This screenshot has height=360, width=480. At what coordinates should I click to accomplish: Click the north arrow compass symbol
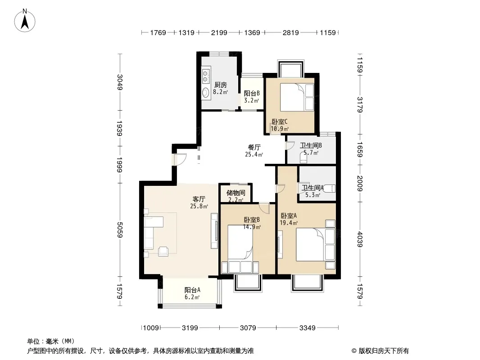25,20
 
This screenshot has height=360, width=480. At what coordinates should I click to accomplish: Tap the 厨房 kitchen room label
220,85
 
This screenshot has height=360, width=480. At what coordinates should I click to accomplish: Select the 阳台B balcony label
252,93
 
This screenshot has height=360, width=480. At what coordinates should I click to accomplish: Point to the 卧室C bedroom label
280,122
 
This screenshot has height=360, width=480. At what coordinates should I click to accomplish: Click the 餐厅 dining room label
254,148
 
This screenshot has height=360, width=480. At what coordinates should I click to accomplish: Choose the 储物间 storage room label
235,193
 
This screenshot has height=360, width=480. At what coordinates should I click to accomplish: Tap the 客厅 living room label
199,199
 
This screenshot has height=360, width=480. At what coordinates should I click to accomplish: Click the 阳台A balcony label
192,290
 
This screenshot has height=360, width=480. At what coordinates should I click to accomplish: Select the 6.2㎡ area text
192,297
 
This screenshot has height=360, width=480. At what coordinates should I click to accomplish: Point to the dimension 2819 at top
290,32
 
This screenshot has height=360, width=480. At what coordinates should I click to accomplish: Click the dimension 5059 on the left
120,229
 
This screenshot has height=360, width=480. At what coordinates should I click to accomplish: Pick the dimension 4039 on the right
360,239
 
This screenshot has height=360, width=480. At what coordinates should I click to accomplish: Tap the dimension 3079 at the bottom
248,328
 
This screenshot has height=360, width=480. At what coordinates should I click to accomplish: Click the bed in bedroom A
315,244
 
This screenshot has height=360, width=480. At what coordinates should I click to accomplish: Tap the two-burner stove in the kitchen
206,76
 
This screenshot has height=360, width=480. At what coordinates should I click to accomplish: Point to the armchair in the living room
163,252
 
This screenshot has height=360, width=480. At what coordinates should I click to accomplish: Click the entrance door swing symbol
179,159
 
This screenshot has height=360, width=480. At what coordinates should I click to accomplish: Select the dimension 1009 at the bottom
151,328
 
